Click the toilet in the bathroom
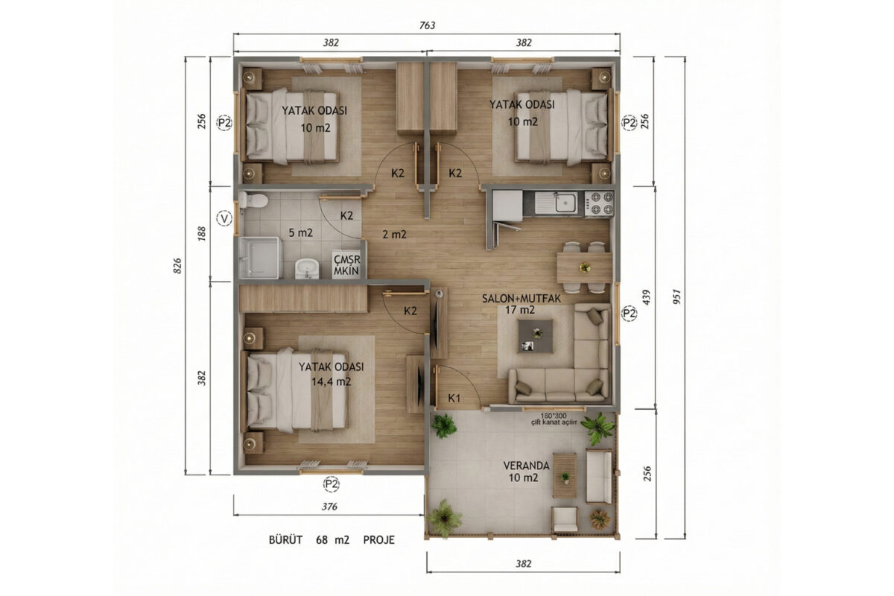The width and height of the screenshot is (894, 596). (254, 200)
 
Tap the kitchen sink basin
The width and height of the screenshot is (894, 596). (566, 203)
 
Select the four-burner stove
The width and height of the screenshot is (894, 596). (599, 203)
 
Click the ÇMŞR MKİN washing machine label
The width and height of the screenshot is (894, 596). (347, 265)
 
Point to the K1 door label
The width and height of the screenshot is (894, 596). (454, 398)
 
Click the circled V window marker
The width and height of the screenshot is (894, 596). (224, 218)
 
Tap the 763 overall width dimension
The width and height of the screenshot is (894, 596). (427, 25)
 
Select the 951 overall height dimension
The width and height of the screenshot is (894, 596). (676, 297)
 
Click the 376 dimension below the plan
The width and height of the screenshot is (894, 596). (329, 507)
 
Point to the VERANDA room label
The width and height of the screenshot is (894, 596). (526, 466)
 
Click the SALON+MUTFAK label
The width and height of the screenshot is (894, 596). (521, 299)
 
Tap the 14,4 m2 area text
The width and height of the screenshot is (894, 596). (332, 382)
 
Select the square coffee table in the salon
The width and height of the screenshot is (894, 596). (536, 336)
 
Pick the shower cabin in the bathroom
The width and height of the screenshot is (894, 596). (260, 258)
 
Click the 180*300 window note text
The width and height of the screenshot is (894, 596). (554, 415)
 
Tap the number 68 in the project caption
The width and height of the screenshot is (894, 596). (322, 540)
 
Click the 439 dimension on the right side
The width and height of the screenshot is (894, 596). (647, 297)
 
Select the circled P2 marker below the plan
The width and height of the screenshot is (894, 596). (332, 484)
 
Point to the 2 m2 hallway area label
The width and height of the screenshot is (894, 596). (394, 235)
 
